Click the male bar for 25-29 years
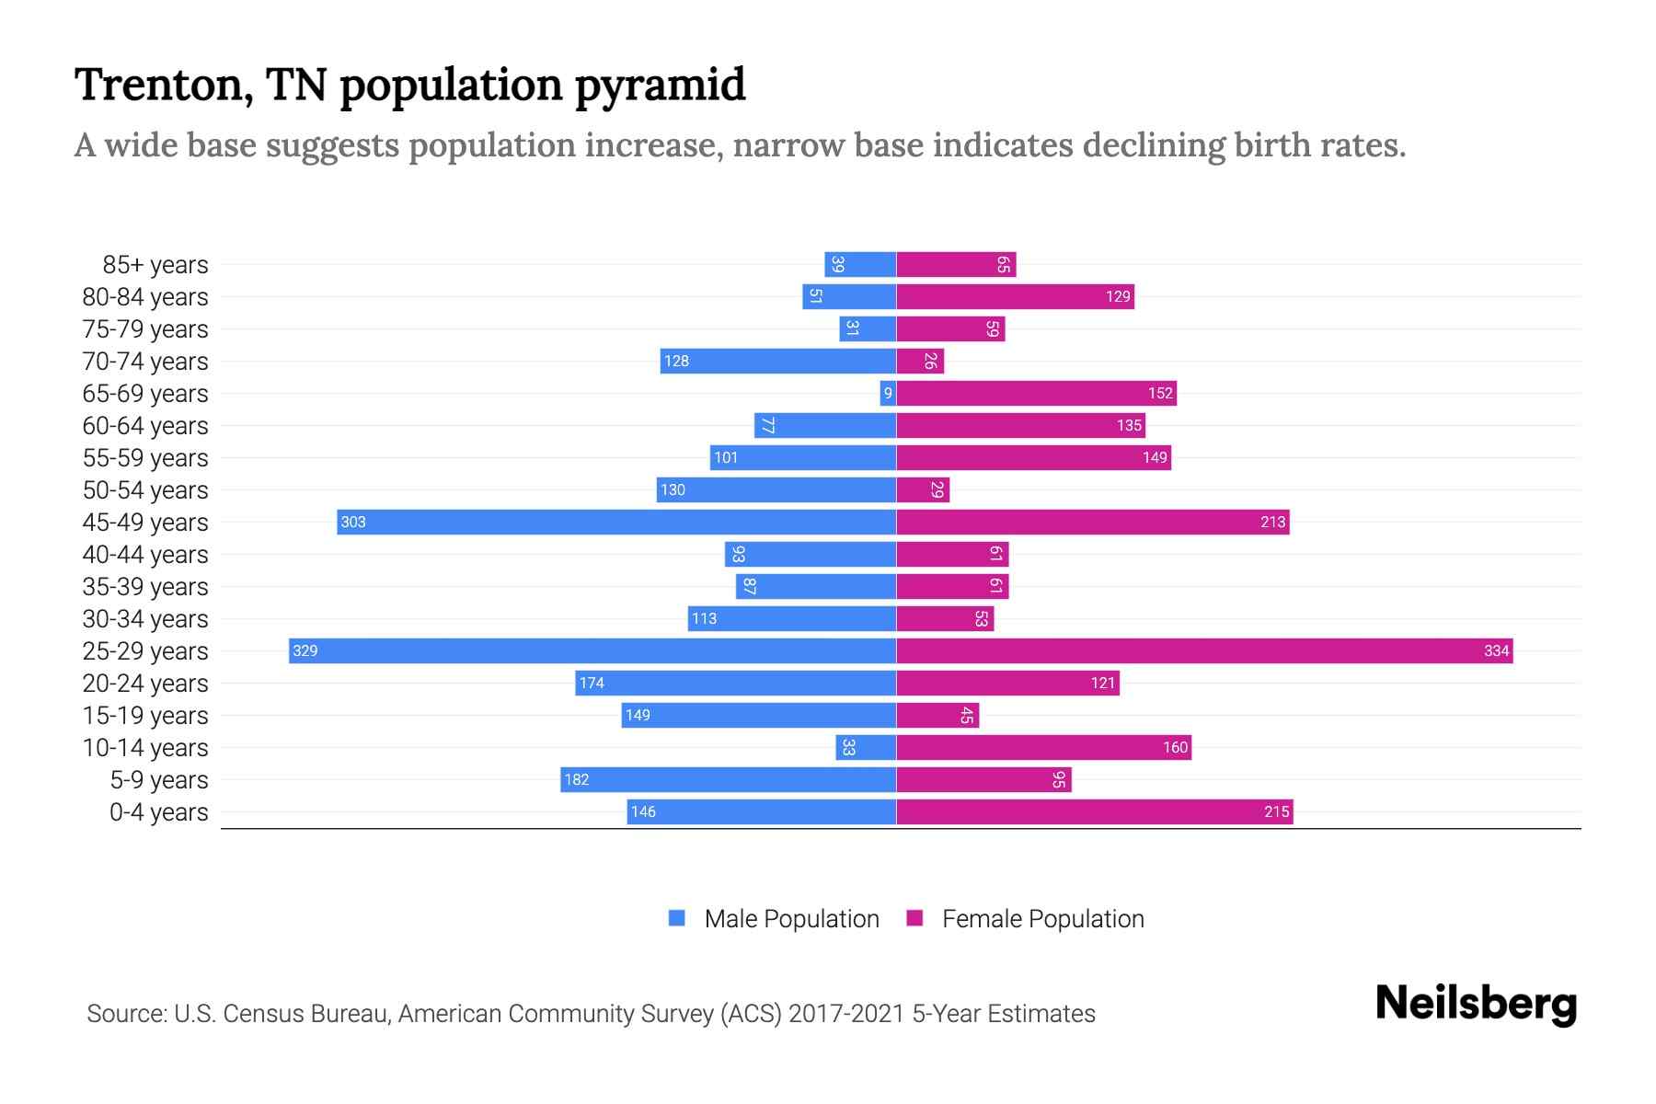592,650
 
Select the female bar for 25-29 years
1204,650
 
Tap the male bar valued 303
616,522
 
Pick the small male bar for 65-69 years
888,393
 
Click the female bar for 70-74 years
920,361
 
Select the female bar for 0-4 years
1095,811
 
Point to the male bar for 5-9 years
729,779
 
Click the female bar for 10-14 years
1043,747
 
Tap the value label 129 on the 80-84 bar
1118,296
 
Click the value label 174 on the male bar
592,683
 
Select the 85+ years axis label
155,265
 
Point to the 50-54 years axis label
145,490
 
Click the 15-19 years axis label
145,716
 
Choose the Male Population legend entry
790,918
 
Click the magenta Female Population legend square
914,918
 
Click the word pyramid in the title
660,86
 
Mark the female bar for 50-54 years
923,489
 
